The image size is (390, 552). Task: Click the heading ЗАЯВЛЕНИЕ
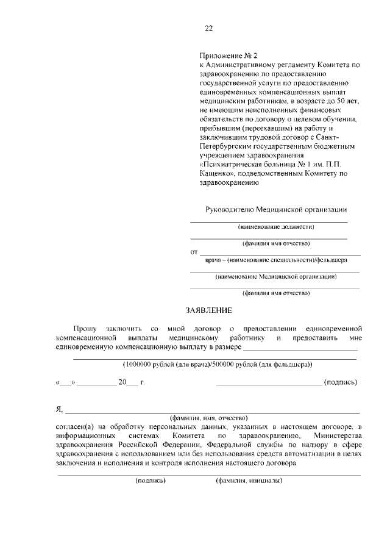click(x=208, y=310)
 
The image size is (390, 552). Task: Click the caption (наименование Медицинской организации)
click(x=276, y=276)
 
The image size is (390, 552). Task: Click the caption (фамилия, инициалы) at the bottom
click(x=249, y=481)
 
